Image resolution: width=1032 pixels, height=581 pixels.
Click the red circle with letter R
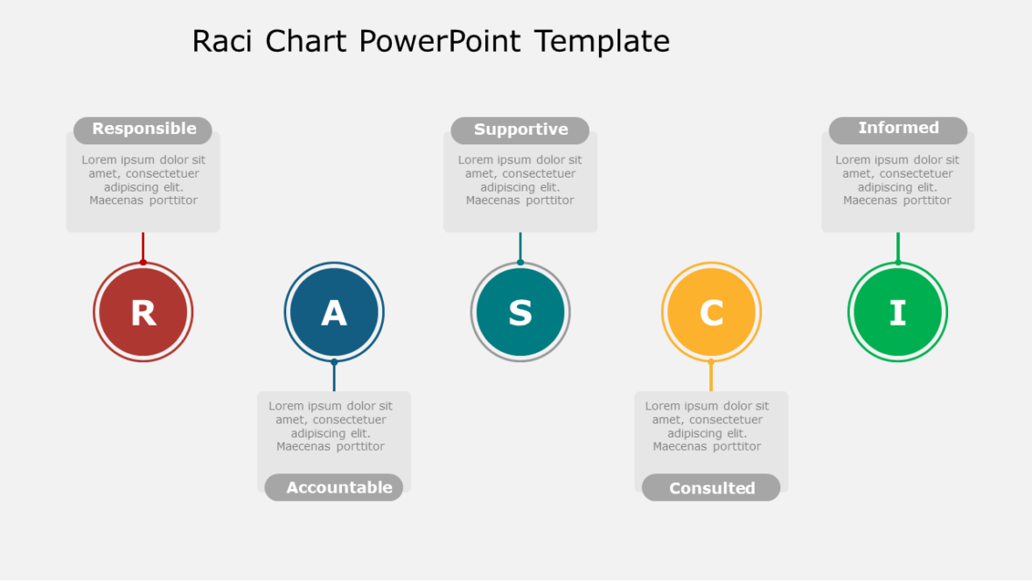(x=143, y=311)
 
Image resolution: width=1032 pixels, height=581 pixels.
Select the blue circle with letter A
(x=334, y=311)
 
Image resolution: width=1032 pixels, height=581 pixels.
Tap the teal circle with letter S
(x=520, y=311)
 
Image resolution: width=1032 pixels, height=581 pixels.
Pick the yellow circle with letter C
(x=711, y=311)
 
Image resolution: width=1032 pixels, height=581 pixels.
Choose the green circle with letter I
(x=897, y=311)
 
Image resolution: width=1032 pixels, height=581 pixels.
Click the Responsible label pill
(x=143, y=129)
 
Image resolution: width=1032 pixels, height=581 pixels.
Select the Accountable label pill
(x=334, y=487)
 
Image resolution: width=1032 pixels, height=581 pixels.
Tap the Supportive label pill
(x=520, y=130)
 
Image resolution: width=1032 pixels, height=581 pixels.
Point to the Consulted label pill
(x=711, y=487)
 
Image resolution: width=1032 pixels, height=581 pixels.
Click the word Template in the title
(x=602, y=41)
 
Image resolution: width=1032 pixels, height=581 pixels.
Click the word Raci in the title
(x=224, y=41)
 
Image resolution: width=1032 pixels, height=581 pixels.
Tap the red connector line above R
(x=143, y=247)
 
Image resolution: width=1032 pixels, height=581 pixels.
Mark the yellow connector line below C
(x=711, y=377)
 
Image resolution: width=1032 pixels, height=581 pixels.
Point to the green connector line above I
(x=897, y=247)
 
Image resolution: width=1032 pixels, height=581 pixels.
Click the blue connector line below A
(x=334, y=377)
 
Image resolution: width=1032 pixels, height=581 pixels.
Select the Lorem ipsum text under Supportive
(x=520, y=180)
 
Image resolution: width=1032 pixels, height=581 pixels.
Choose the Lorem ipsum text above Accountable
(x=331, y=426)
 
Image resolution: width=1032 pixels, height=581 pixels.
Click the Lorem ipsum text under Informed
(x=897, y=180)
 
